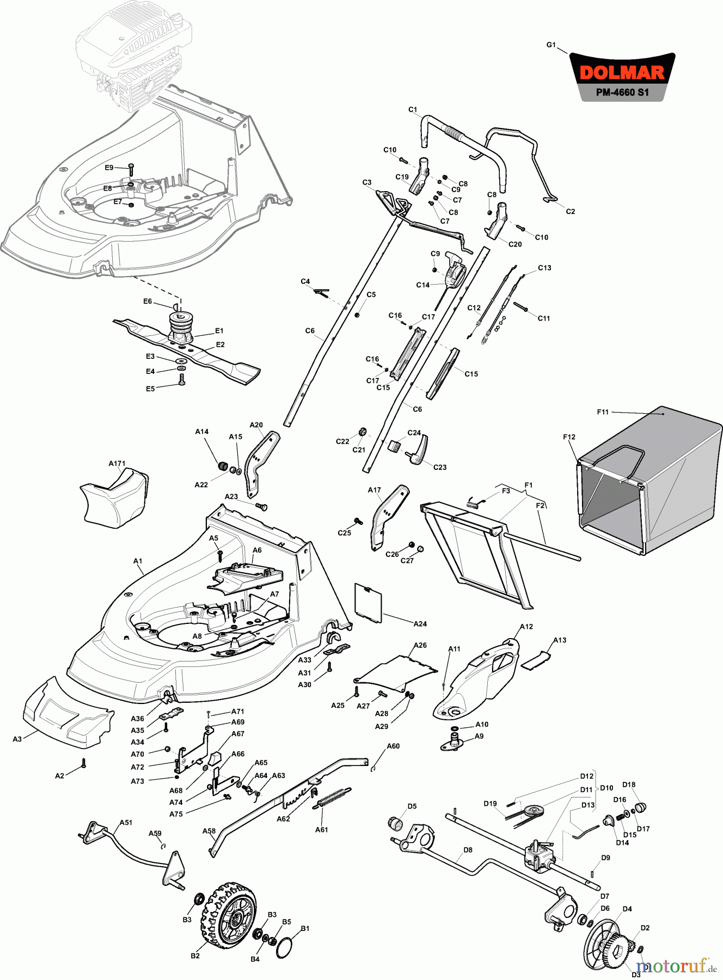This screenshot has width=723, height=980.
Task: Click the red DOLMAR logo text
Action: [622, 73]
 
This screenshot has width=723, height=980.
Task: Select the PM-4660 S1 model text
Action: [622, 93]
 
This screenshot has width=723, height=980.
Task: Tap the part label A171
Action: [117, 463]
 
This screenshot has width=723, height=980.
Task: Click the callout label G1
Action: [551, 45]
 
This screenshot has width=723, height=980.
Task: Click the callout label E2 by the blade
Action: [220, 344]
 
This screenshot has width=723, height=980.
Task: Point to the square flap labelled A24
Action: [369, 602]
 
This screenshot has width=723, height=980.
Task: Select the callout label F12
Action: [569, 437]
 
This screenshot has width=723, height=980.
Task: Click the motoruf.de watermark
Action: [675, 966]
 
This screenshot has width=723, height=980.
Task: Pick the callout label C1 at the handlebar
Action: [412, 109]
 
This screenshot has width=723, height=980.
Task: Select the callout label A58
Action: [209, 831]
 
